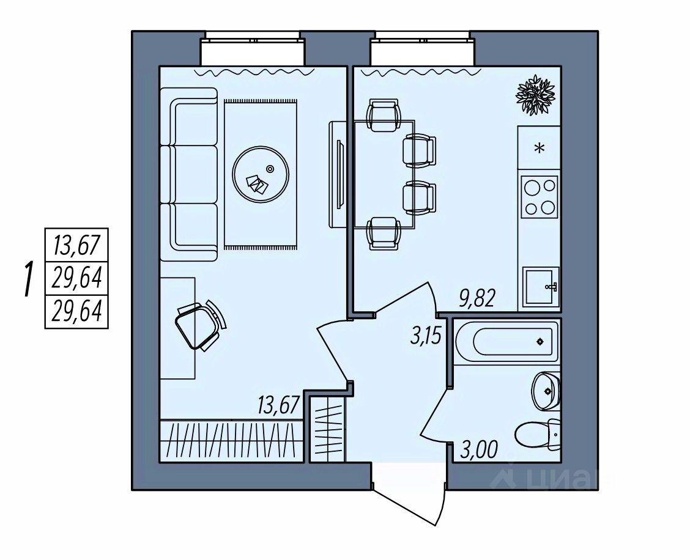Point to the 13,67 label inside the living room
pyautogui.click(x=278, y=405)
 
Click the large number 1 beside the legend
pyautogui.click(x=28, y=279)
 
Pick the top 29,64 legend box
pyautogui.click(x=76, y=279)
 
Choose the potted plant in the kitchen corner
pyautogui.click(x=535, y=95)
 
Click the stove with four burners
pyautogui.click(x=540, y=196)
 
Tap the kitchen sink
pyautogui.click(x=541, y=287)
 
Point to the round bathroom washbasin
pyautogui.click(x=545, y=389)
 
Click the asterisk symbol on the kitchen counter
pyautogui.click(x=540, y=148)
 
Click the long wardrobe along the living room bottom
pyautogui.click(x=231, y=440)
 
